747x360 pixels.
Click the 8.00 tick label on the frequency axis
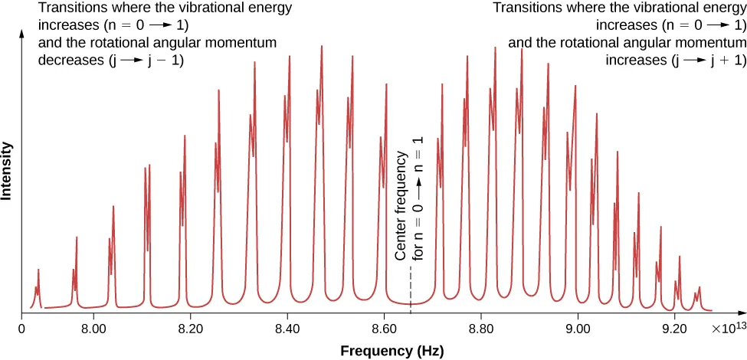coord(93,329)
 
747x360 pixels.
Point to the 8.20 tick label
coord(189,329)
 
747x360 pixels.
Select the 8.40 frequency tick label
coord(287,329)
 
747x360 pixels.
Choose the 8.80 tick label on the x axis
coord(480,329)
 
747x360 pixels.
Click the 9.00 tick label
coord(578,329)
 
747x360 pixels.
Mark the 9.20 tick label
coord(674,329)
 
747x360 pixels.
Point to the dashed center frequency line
coord(411,291)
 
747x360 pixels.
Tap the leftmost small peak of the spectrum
coord(38,283)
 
